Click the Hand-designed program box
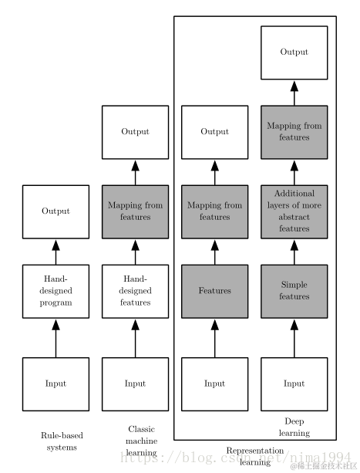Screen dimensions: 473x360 56,291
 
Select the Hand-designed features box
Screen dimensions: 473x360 135,291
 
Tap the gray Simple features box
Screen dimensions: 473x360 294,291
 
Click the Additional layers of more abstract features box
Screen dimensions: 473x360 294,211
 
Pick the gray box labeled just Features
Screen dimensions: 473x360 214,291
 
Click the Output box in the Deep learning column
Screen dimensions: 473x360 294,52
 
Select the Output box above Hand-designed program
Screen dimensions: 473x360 56,211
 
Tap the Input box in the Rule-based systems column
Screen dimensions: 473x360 56,383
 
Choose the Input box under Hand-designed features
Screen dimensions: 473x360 135,383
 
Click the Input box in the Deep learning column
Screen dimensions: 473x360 294,383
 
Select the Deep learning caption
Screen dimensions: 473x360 294,427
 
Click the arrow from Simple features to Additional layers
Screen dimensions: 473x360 294,252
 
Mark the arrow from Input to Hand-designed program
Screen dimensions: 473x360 56,338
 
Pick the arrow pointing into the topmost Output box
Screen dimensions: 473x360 294,93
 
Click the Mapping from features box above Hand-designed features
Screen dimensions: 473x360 135,211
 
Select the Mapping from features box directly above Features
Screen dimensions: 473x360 214,211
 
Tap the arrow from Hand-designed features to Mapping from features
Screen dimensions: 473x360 135,252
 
